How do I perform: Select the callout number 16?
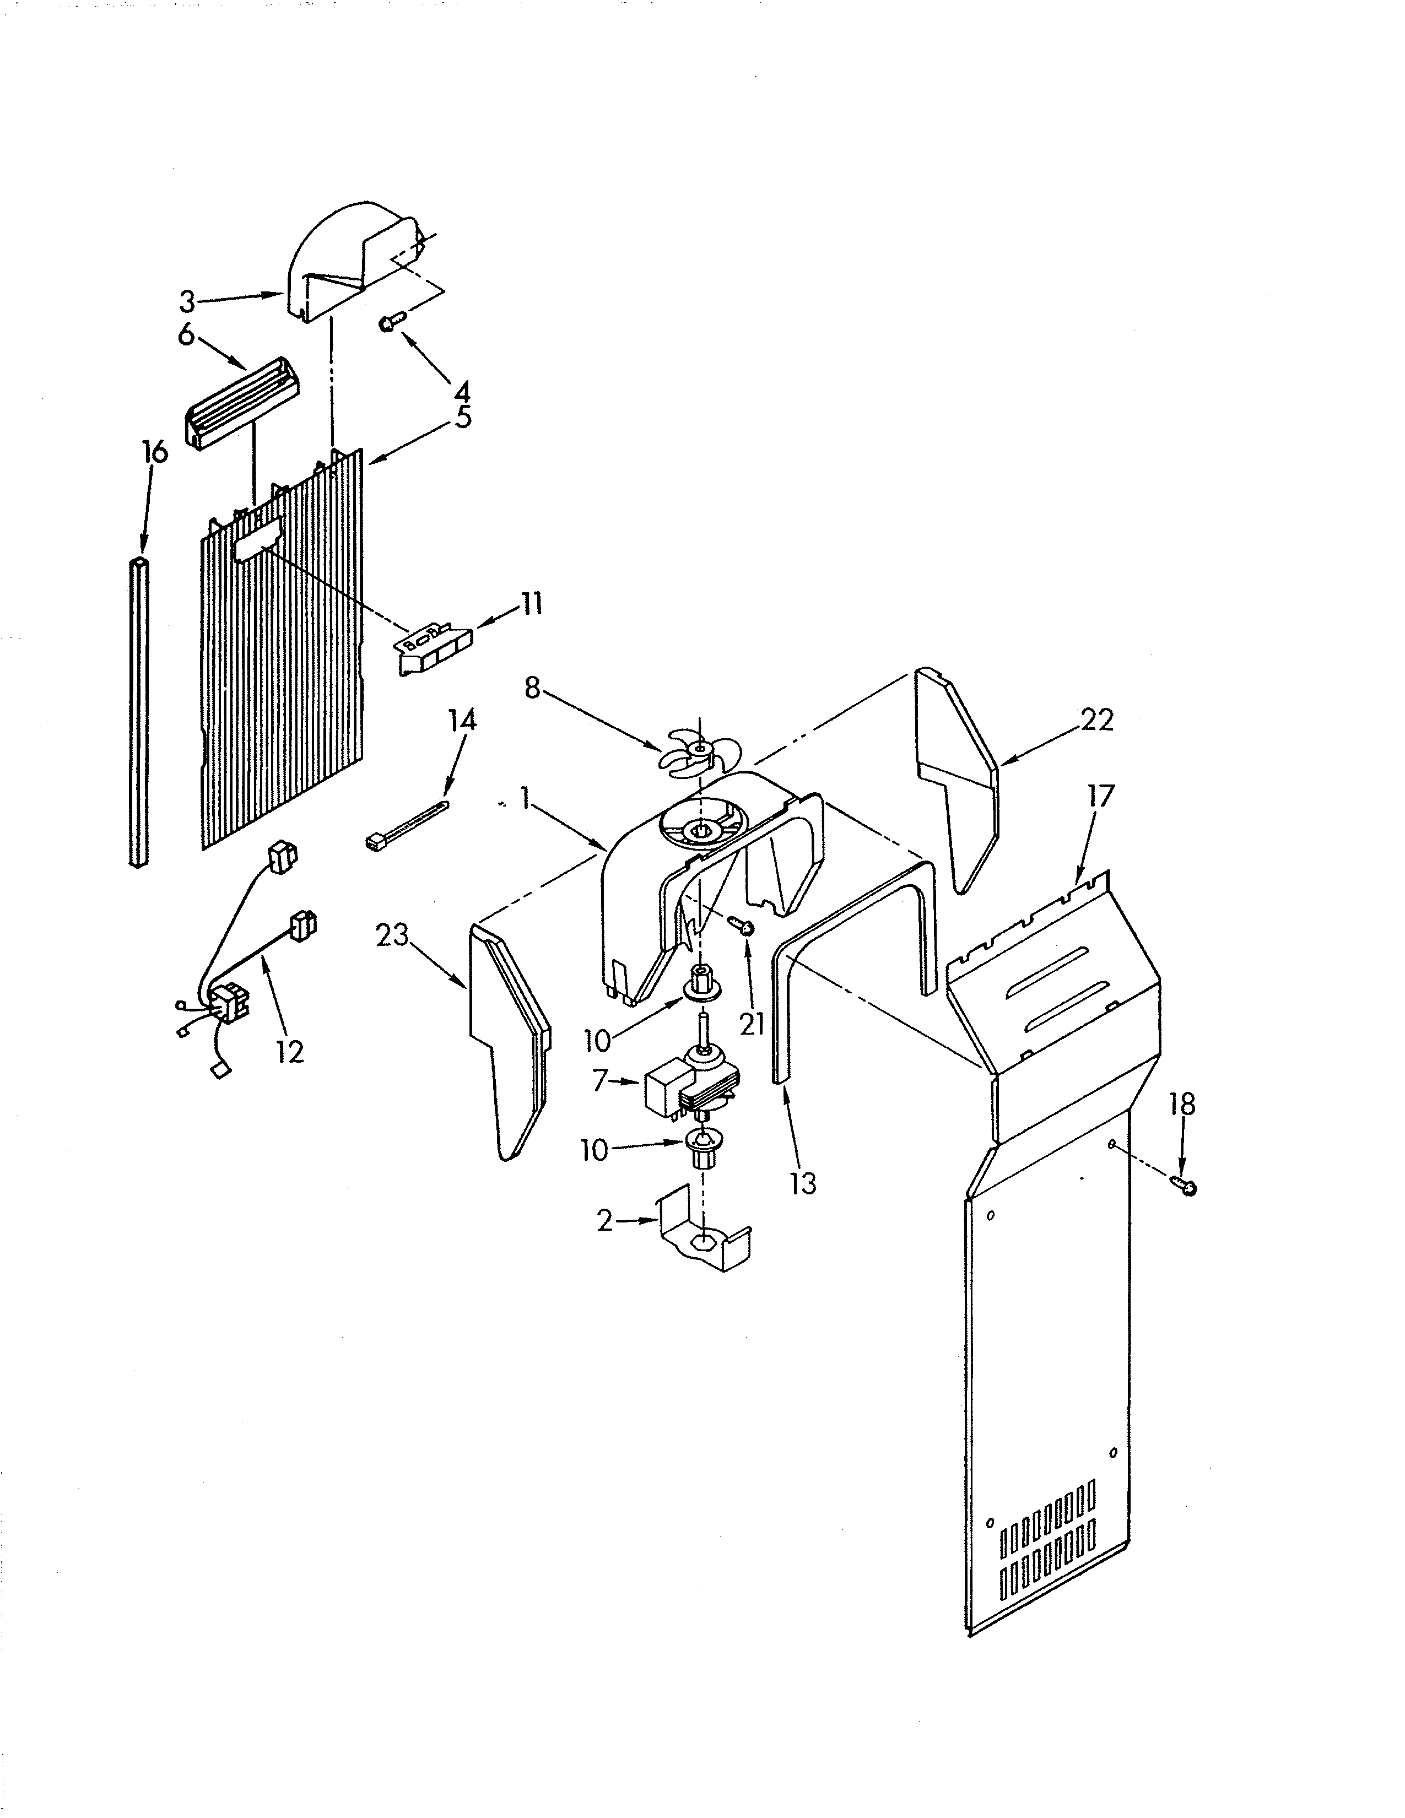(x=155, y=452)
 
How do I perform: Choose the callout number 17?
(x=1100, y=797)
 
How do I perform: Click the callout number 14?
(x=463, y=720)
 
